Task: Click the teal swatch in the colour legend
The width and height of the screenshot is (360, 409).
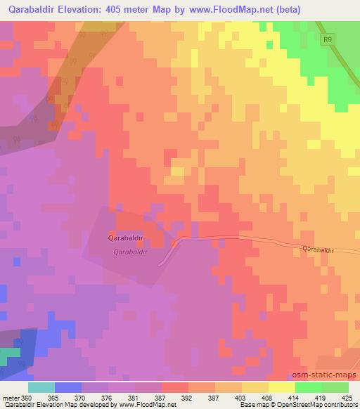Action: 41,387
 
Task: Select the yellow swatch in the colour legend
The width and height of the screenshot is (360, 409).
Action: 281,387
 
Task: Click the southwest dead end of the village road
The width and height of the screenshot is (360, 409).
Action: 160,266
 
